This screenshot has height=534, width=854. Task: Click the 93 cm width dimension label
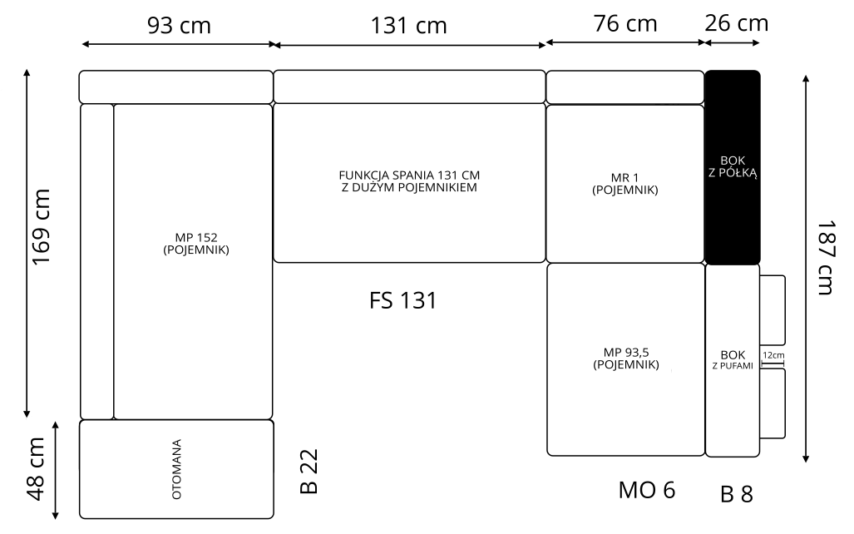pyautogui.click(x=179, y=26)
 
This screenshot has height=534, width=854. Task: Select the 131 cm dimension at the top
pyautogui.click(x=408, y=26)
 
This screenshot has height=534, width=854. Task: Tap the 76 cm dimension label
pyautogui.click(x=625, y=23)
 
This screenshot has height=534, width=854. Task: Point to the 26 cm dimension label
pyautogui.click(x=737, y=23)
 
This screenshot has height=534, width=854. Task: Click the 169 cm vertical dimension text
pyautogui.click(x=42, y=227)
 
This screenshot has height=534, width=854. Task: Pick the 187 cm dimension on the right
pyautogui.click(x=826, y=257)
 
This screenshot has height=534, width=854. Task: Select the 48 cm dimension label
pyautogui.click(x=36, y=468)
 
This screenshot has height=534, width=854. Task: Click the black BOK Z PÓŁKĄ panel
pyautogui.click(x=733, y=167)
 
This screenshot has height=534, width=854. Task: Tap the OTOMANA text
pyautogui.click(x=176, y=469)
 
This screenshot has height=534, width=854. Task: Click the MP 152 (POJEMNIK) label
pyautogui.click(x=196, y=244)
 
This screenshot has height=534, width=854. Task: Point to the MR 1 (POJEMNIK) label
pyautogui.click(x=624, y=184)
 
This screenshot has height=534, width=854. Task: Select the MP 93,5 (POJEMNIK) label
pyautogui.click(x=626, y=358)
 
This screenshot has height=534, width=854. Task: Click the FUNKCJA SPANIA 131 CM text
pyautogui.click(x=409, y=176)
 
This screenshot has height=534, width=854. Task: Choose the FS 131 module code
pyautogui.click(x=403, y=301)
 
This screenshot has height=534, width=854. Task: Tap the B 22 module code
pyautogui.click(x=309, y=472)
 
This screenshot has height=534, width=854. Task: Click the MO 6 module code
pyautogui.click(x=646, y=491)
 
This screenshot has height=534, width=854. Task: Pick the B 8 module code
pyautogui.click(x=737, y=494)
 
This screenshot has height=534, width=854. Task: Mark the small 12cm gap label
pyautogui.click(x=773, y=355)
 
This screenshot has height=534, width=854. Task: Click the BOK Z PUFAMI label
pyautogui.click(x=733, y=360)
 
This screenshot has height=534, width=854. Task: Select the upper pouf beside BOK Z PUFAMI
pyautogui.click(x=773, y=310)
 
